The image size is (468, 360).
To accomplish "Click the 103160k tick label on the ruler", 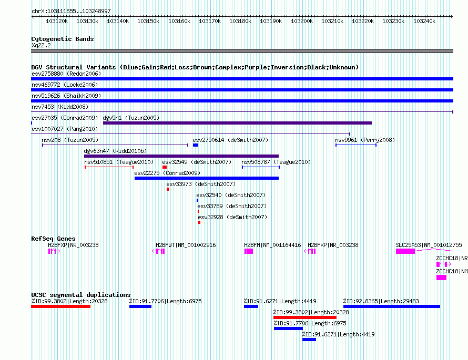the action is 179,21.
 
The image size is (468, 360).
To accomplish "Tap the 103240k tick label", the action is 424,21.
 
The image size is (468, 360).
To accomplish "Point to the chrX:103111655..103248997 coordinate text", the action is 71,11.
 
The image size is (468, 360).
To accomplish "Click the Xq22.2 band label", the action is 41,45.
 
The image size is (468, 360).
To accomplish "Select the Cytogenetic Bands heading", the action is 63,39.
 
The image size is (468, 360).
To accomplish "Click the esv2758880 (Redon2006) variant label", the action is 66,74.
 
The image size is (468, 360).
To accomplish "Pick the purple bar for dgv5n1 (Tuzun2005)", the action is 237,123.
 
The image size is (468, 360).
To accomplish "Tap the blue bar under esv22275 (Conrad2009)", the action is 207,178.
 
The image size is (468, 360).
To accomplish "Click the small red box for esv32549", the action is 165,167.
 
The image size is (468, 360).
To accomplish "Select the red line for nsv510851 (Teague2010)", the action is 109,167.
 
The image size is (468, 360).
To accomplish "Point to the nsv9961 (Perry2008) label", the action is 365,140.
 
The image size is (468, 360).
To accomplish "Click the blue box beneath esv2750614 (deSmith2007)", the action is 196,145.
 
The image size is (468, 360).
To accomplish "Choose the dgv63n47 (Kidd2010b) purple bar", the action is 181,156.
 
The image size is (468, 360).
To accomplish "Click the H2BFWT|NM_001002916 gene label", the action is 186,245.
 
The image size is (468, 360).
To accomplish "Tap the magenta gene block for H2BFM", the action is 249,251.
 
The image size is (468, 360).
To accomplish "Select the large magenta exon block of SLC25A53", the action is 405,251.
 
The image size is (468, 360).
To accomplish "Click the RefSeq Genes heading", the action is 54,239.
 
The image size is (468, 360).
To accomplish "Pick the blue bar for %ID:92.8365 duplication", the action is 392,306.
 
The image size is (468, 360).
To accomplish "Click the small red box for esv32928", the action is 199,222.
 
